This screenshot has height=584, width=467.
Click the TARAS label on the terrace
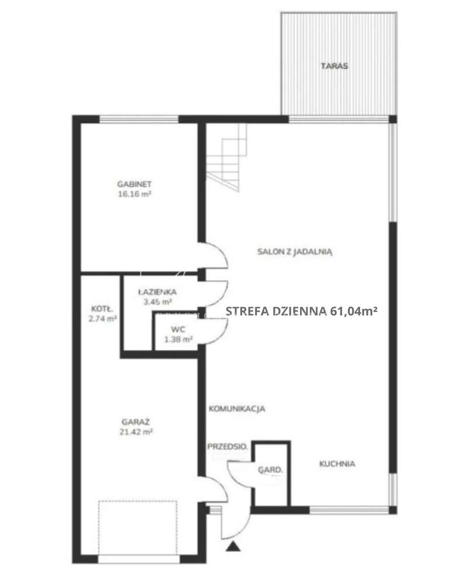click(x=334, y=66)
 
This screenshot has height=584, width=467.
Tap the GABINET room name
click(x=134, y=184)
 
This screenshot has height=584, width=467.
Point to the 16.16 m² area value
click(x=134, y=194)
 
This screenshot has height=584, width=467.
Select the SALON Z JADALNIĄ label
click(x=295, y=252)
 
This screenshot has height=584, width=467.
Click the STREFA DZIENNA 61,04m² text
click(x=302, y=311)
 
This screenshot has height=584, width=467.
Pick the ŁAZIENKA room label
click(x=157, y=292)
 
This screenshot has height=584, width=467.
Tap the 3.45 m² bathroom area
click(x=158, y=302)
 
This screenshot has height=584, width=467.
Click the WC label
click(x=178, y=329)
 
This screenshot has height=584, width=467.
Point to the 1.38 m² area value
click(x=179, y=339)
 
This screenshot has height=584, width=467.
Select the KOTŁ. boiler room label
click(x=102, y=309)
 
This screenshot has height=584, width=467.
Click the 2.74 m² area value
click(x=102, y=318)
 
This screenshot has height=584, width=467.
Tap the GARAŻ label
click(x=135, y=422)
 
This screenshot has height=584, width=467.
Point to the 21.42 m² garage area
click(x=136, y=432)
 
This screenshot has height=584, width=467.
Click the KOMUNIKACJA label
click(x=237, y=409)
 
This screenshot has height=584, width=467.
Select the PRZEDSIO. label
click(x=228, y=446)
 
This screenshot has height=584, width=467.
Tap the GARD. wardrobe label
click(x=270, y=470)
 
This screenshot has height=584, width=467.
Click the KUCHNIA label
click(x=337, y=464)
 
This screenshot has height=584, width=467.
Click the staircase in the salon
click(x=227, y=157)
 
